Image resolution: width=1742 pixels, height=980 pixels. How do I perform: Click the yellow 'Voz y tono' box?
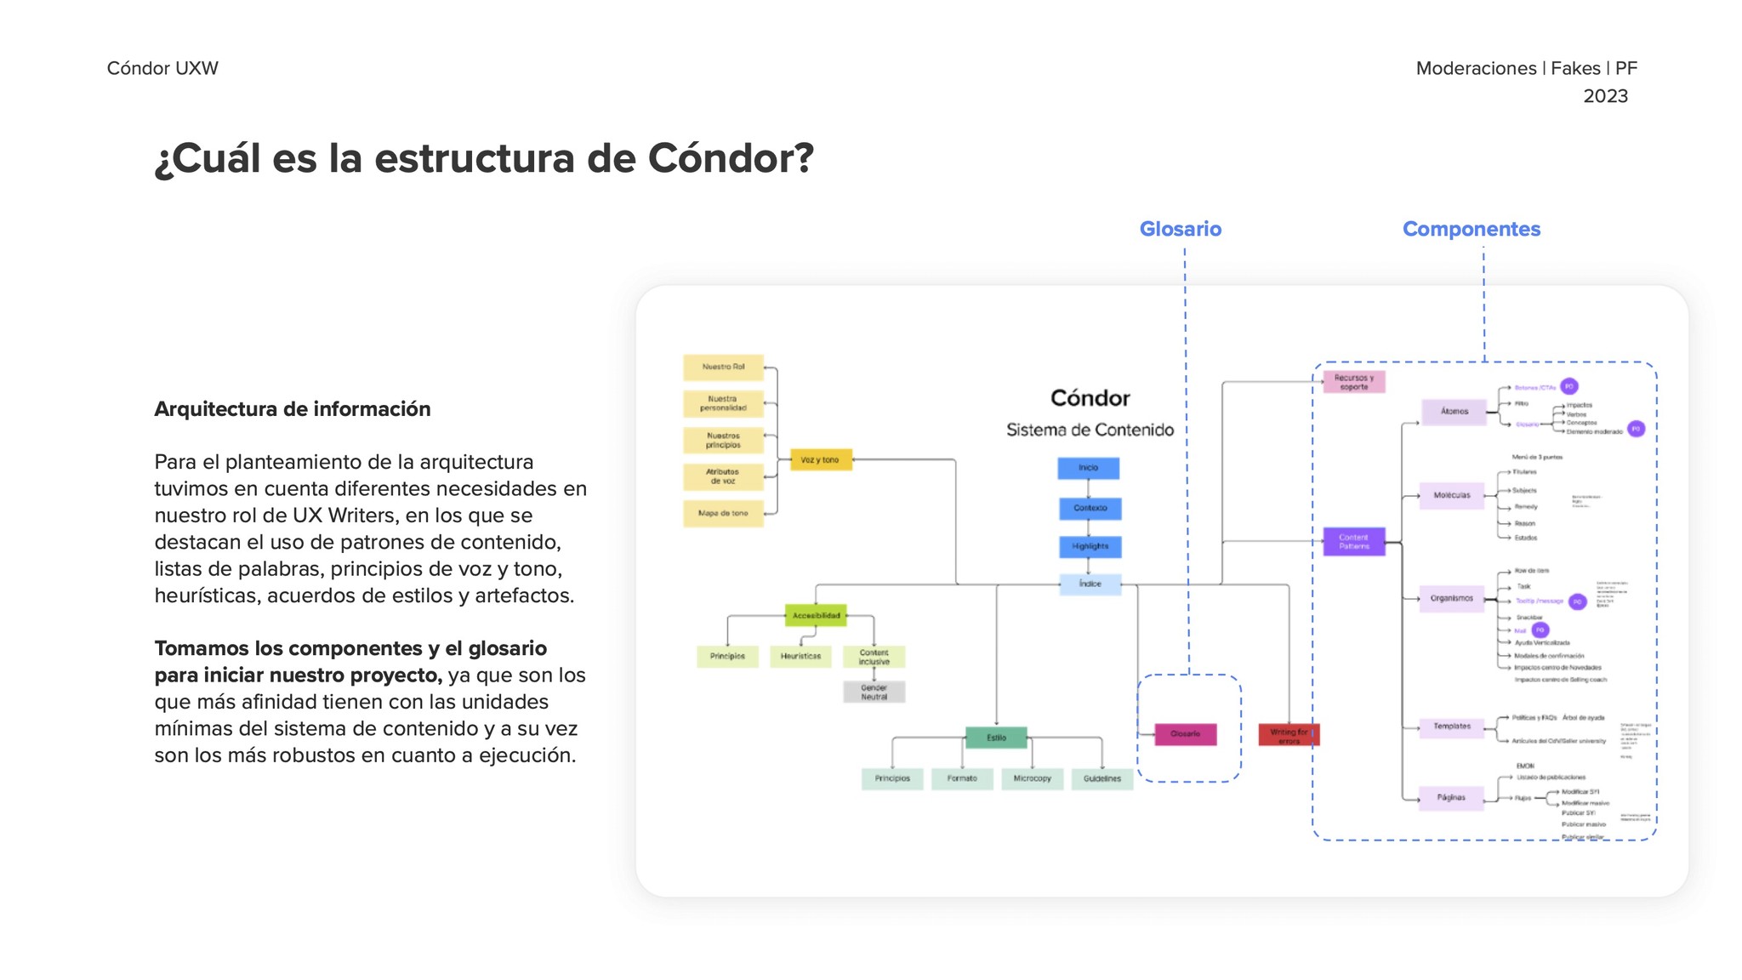pyautogui.click(x=820, y=460)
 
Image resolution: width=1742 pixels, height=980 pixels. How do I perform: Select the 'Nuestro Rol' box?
pyautogui.click(x=723, y=367)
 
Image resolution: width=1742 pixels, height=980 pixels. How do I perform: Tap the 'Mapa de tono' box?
pyautogui.click(x=723, y=514)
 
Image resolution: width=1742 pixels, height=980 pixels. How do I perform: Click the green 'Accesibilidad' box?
pyautogui.click(x=816, y=615)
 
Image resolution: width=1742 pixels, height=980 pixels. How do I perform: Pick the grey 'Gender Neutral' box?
pyautogui.click(x=874, y=692)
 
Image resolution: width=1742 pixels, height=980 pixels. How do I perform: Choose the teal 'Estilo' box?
pyautogui.click(x=996, y=738)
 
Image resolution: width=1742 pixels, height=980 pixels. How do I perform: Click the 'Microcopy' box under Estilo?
pyautogui.click(x=1032, y=778)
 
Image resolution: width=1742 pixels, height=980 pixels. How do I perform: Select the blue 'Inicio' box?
pyautogui.click(x=1088, y=468)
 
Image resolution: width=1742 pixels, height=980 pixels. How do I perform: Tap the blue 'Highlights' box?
pyautogui.click(x=1090, y=546)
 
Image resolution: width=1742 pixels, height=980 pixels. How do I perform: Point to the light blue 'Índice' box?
pyautogui.click(x=1090, y=584)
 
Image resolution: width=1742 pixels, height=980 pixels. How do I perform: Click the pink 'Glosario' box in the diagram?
pyautogui.click(x=1185, y=734)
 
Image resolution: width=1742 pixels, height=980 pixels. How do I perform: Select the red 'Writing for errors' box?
pyautogui.click(x=1288, y=735)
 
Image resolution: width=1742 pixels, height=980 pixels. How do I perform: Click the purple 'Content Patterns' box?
pyautogui.click(x=1353, y=542)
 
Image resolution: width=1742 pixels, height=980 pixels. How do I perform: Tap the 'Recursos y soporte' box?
pyautogui.click(x=1353, y=382)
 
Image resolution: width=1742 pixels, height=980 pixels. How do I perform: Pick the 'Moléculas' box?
pyautogui.click(x=1451, y=495)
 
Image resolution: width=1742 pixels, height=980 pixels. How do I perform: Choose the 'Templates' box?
pyautogui.click(x=1451, y=726)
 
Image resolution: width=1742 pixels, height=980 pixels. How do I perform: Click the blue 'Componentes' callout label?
pyautogui.click(x=1471, y=229)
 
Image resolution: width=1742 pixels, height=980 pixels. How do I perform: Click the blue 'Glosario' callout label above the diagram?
pyautogui.click(x=1180, y=229)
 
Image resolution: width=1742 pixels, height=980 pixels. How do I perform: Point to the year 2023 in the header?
pyautogui.click(x=1605, y=96)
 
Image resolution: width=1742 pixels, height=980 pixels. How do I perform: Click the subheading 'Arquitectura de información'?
pyautogui.click(x=293, y=409)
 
